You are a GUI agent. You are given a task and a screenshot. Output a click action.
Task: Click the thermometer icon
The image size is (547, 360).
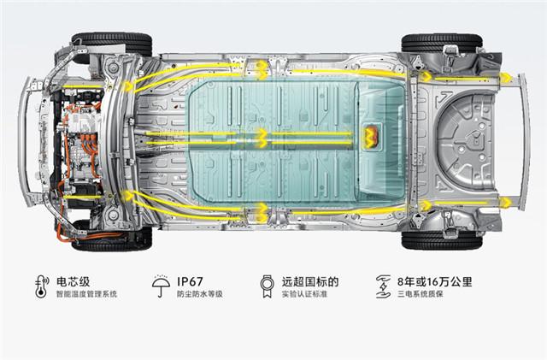point(40,287)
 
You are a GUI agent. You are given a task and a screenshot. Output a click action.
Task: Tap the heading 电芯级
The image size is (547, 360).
point(74,281)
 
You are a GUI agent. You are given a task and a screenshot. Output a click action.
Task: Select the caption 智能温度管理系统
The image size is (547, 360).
point(86,295)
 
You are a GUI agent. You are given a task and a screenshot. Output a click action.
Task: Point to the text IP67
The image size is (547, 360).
point(194,281)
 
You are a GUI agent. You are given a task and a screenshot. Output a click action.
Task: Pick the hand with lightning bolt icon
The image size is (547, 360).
point(385,286)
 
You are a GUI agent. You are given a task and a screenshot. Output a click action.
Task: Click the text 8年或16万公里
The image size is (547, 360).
point(436,281)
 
